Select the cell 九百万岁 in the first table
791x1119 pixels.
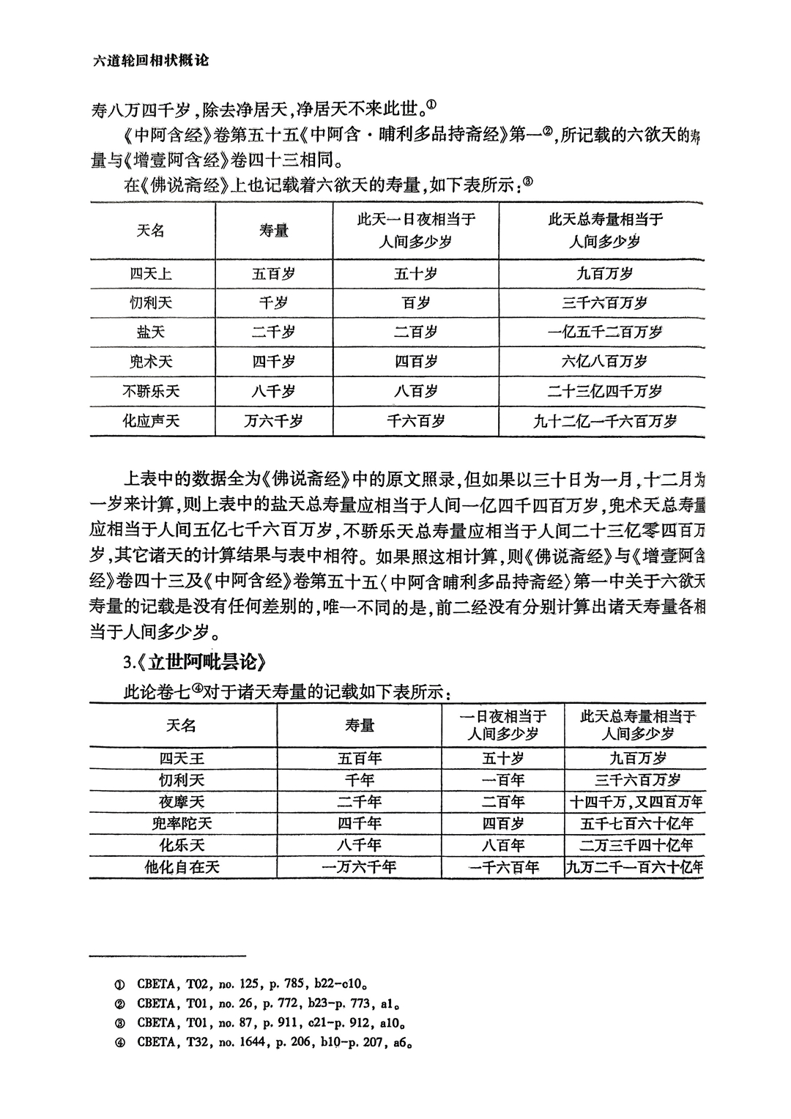(x=604, y=274)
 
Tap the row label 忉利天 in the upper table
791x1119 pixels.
(x=151, y=303)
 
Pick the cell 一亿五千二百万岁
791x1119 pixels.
(x=604, y=332)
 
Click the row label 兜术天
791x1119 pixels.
(x=151, y=362)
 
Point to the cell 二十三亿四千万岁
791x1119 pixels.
(x=604, y=391)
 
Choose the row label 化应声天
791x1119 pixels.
(x=151, y=421)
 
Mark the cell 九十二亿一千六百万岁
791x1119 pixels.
(x=604, y=421)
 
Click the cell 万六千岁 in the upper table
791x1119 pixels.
(x=273, y=421)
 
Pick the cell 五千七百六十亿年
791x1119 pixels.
(x=636, y=824)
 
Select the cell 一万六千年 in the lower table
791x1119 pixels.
(x=359, y=868)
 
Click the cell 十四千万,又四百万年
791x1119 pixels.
(x=636, y=802)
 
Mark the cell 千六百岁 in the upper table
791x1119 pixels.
(x=415, y=421)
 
